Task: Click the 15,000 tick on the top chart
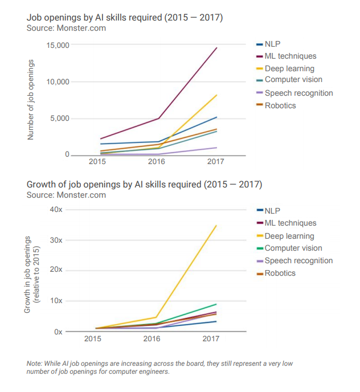tap(58, 45)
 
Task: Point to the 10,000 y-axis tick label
tap(58, 81)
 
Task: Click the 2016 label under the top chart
tap(156, 162)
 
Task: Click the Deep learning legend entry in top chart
tap(289, 69)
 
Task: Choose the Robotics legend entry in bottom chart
tap(280, 273)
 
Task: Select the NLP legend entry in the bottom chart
tap(273, 211)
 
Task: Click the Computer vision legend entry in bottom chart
tap(293, 248)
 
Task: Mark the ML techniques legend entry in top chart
tap(290, 56)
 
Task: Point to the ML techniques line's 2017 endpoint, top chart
tap(216, 48)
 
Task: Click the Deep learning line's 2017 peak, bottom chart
tap(216, 226)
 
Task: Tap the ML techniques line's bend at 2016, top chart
tap(158, 118)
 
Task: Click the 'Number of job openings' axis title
tap(31, 100)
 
